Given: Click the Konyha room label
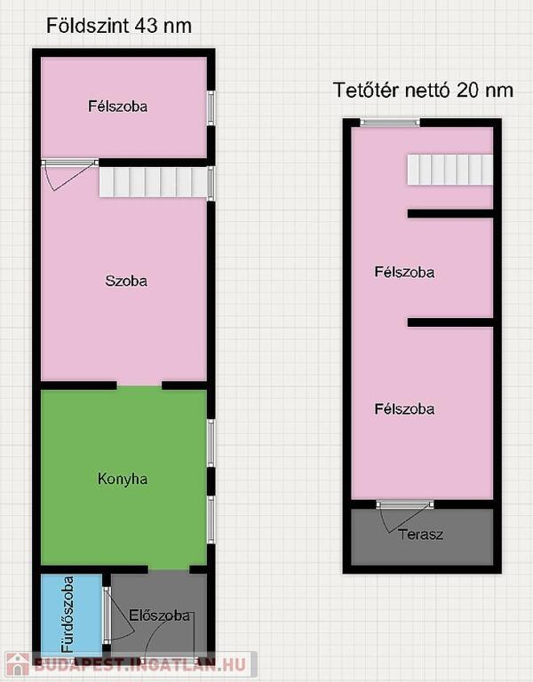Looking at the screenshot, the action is (x=123, y=479).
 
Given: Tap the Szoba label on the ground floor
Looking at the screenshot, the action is (x=126, y=281).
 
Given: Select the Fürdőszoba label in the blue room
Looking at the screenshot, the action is (x=68, y=615).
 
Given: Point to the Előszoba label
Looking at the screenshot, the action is (x=159, y=615).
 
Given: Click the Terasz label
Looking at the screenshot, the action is (x=420, y=534).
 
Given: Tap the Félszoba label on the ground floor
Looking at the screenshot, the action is (x=117, y=107).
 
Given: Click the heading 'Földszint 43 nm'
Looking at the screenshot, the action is (x=119, y=26).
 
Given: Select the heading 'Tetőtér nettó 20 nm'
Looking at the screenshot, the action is (x=423, y=90).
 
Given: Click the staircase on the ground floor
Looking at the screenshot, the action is (x=153, y=183).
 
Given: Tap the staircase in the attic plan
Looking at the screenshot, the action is (x=449, y=170).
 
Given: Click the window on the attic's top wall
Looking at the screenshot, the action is (x=390, y=123).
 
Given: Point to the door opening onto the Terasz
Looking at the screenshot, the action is (x=405, y=504).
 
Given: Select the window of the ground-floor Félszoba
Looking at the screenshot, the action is (x=211, y=107).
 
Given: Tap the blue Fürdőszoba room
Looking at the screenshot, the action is (x=71, y=614).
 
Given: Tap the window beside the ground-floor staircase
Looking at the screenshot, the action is (x=211, y=183).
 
